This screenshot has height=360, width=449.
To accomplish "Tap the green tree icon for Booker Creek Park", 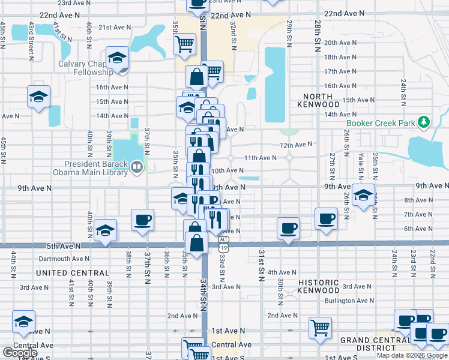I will (424, 122).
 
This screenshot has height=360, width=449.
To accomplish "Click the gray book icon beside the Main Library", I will (137, 166).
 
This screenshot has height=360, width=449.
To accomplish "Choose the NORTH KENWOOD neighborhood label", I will (318, 100).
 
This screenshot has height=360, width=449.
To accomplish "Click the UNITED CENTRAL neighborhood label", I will (66, 273).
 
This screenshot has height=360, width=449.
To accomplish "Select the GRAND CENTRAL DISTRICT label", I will (367, 344).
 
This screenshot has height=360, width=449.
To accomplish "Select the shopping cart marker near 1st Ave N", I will (321, 328).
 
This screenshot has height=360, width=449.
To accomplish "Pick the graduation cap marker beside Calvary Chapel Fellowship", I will (117, 58).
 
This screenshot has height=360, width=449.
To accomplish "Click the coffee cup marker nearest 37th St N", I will (142, 220).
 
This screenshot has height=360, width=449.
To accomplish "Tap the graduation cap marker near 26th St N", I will (363, 194).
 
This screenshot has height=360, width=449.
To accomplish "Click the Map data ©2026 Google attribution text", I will (412, 355).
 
